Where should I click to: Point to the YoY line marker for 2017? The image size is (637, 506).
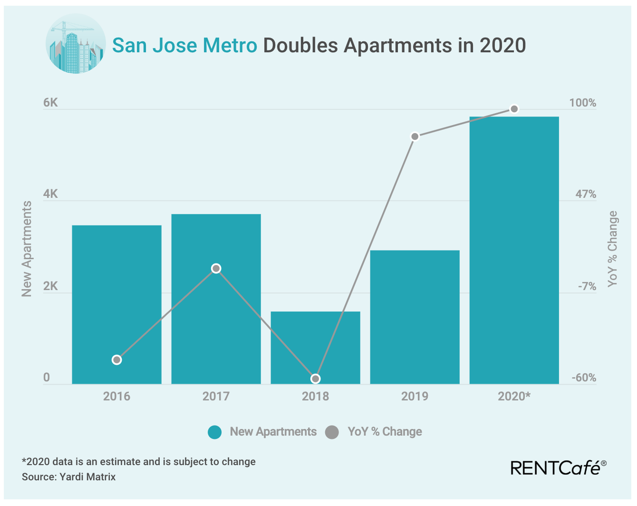pos(216,269)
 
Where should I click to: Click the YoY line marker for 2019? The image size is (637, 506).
pos(415,137)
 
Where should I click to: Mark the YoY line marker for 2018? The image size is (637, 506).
pos(315,379)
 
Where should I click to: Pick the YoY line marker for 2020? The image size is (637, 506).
pos(514,109)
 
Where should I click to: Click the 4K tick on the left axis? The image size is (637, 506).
pos(50,194)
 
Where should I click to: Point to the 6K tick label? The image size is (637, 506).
pos(50,103)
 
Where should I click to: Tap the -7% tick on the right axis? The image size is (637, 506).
pos(587,286)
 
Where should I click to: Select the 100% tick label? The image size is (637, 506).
pos(582,103)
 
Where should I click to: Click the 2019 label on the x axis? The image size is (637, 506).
pos(415,396)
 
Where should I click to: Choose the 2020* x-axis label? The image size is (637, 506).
pos(514,396)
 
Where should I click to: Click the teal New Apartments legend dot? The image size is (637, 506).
pos(215,432)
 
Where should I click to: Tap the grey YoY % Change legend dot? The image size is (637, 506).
pos(332,432)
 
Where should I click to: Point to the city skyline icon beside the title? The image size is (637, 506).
pos(76,44)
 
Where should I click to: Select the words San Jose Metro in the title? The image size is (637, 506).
pos(184,46)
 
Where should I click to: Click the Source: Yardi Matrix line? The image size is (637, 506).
pos(69,477)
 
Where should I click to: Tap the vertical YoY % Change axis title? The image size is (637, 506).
pos(612,249)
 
